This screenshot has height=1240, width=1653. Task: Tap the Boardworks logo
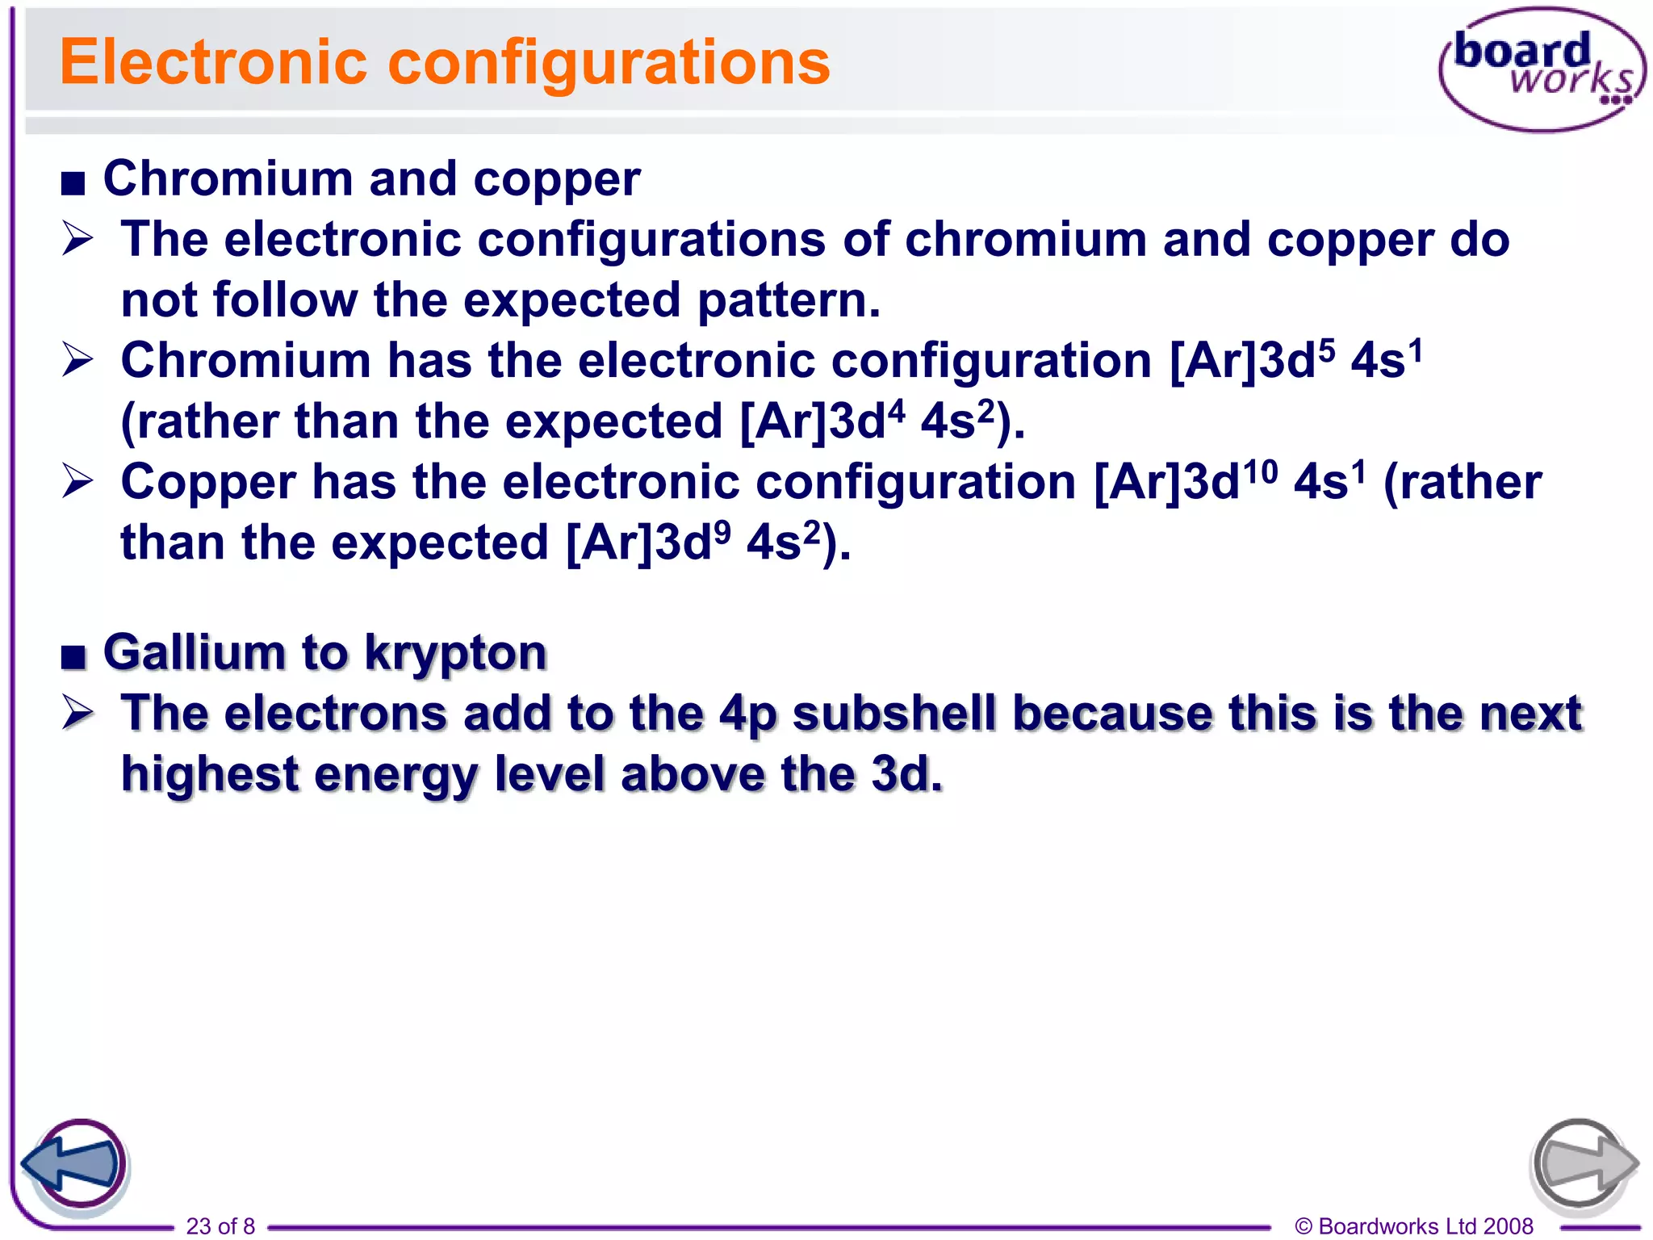coord(1542,69)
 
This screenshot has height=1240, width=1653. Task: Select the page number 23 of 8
coord(220,1225)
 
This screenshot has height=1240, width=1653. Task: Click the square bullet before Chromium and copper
coord(73,184)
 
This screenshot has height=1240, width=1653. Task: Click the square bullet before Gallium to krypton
coord(73,657)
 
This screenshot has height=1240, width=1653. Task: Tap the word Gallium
coord(194,652)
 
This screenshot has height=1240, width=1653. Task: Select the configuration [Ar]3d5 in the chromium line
coord(1251,360)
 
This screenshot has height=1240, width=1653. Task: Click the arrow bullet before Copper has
coord(78,482)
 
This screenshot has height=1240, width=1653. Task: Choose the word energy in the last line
coord(395,775)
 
